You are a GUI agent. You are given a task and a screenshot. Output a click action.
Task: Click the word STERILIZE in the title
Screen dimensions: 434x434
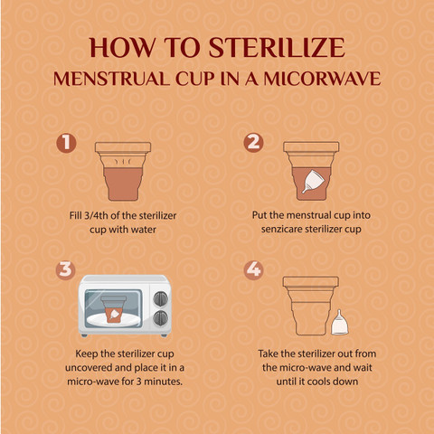pyautogui.click(x=277, y=48)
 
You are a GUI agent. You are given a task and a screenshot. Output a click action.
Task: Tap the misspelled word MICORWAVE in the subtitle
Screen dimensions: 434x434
pyautogui.click(x=322, y=79)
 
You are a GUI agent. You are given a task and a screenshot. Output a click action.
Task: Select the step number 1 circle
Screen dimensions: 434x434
pyautogui.click(x=66, y=143)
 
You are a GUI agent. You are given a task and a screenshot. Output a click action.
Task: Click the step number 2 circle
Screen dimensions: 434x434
pyautogui.click(x=253, y=143)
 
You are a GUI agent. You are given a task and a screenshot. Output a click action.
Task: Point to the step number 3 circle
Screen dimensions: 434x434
pyautogui.click(x=65, y=269)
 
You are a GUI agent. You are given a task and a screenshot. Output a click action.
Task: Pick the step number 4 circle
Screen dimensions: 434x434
pyautogui.click(x=253, y=270)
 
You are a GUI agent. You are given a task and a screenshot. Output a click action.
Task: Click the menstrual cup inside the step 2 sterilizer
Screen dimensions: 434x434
pyautogui.click(x=313, y=181)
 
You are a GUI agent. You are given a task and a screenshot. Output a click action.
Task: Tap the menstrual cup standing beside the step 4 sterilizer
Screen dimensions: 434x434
pyautogui.click(x=340, y=322)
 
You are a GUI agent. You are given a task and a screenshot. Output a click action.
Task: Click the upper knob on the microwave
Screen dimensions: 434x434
pyautogui.click(x=161, y=298)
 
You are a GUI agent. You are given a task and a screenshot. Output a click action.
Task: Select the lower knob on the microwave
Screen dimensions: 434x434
pyautogui.click(x=161, y=317)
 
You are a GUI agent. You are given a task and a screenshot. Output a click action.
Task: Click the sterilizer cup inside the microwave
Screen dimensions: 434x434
pyautogui.click(x=114, y=309)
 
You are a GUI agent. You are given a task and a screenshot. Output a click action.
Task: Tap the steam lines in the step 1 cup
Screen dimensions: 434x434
pyautogui.click(x=123, y=161)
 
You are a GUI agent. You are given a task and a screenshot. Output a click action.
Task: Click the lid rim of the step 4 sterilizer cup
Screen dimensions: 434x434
pyautogui.click(x=311, y=281)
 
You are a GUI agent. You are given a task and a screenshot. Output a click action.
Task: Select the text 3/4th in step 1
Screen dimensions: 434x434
pyautogui.click(x=97, y=216)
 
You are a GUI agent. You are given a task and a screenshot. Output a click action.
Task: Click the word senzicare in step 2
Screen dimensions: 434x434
pyautogui.click(x=281, y=230)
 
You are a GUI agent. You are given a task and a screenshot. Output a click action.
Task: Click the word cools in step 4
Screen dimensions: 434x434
pyautogui.click(x=317, y=382)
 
